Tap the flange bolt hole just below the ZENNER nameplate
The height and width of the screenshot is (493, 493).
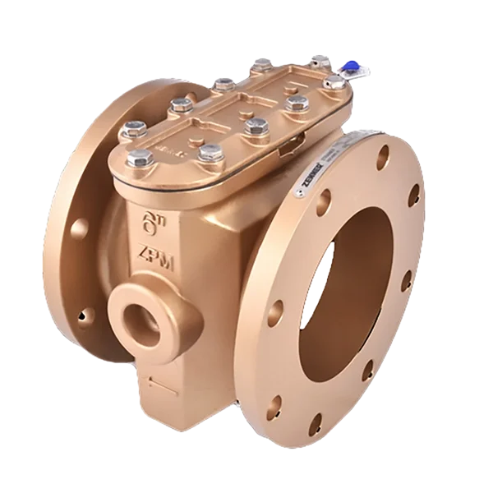pyautogui.click(x=325, y=198)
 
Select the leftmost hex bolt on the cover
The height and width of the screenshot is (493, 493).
pyautogui.click(x=131, y=129)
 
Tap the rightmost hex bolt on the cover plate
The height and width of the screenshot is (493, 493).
pyautogui.click(x=317, y=61)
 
